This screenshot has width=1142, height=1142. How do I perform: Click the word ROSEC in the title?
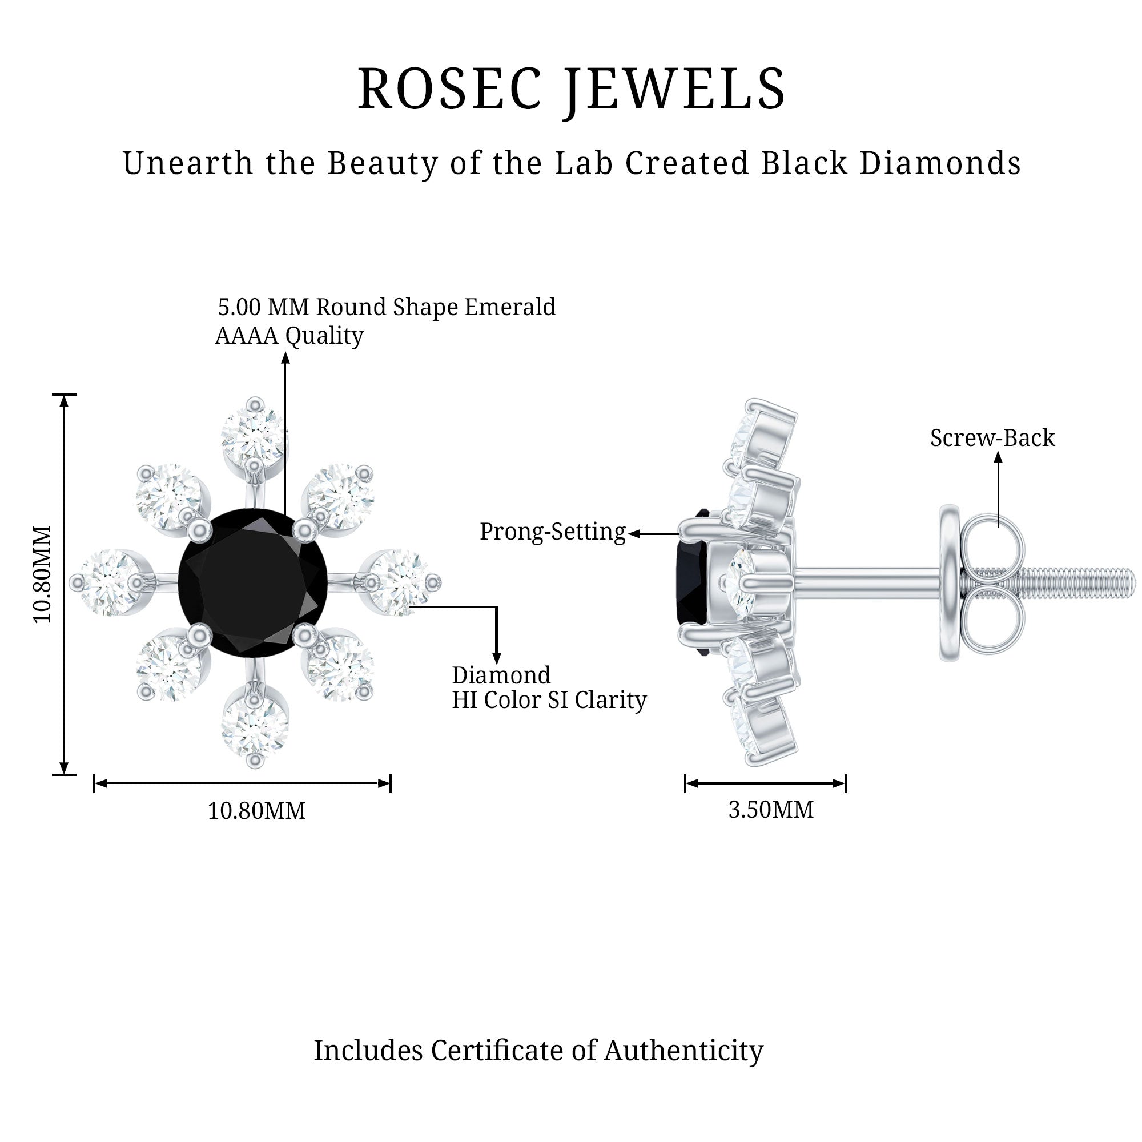[449, 89]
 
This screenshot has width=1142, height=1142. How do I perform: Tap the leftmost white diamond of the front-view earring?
[106, 582]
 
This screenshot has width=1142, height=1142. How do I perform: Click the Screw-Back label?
[992, 438]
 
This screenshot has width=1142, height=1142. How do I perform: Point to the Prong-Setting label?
[552, 532]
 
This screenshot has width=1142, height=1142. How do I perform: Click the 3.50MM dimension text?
[771, 809]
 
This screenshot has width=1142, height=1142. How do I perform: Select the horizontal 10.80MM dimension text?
[256, 810]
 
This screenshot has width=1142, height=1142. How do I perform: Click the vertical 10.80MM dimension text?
[43, 573]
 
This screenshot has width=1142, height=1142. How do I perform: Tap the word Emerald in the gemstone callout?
[509, 307]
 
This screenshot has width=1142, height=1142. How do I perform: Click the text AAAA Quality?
[289, 336]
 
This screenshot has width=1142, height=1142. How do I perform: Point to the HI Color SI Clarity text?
[549, 700]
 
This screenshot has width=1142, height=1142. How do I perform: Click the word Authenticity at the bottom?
[683, 1051]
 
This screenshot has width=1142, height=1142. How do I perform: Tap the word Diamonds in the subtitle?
[940, 163]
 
